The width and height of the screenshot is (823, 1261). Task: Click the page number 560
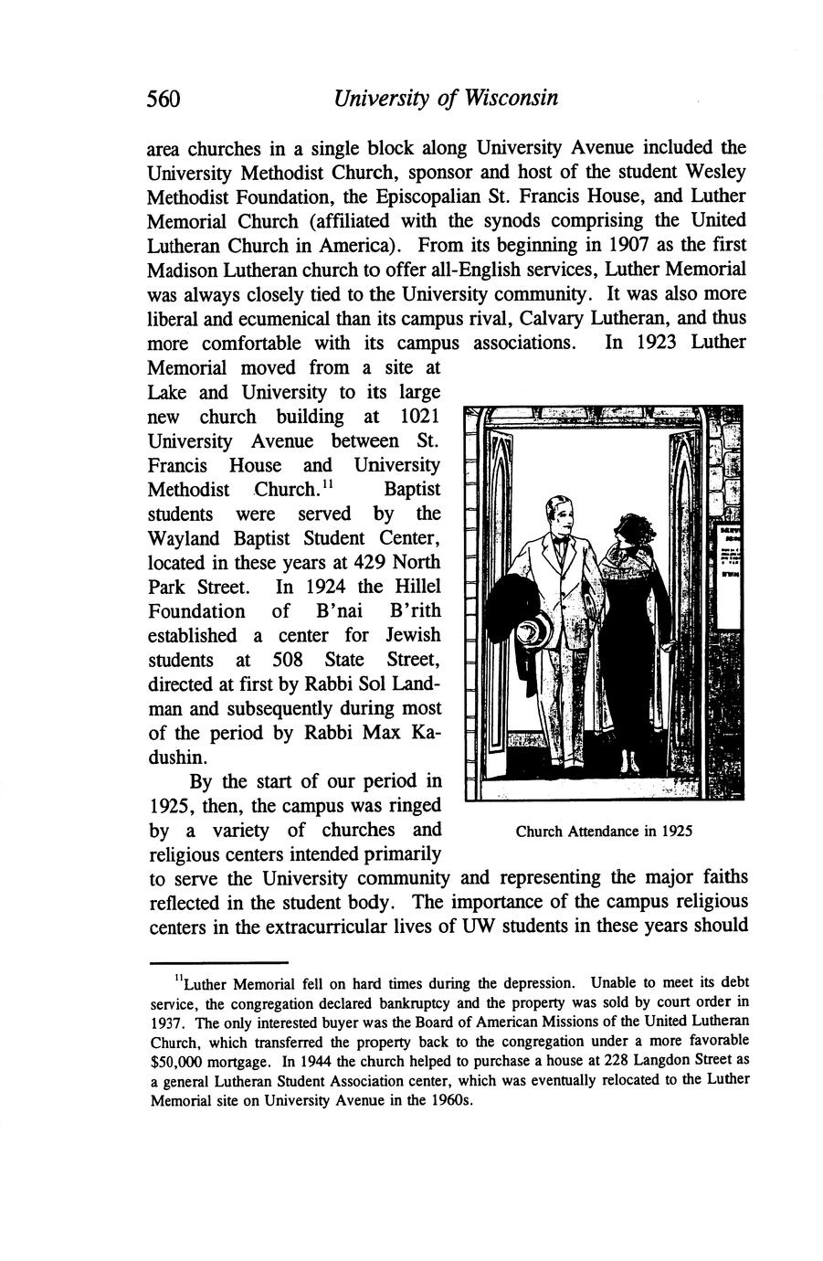165,99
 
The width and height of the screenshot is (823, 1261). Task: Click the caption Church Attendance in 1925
604,832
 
